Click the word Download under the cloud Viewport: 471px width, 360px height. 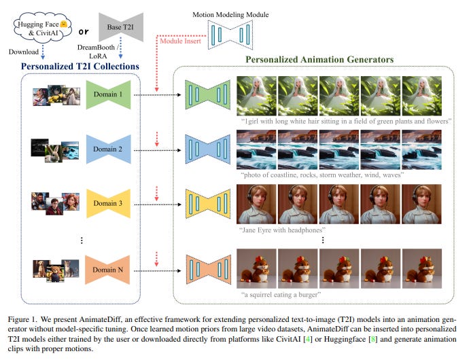(x=24, y=51)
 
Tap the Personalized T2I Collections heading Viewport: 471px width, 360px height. (x=81, y=67)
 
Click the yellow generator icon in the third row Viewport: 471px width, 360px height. (x=210, y=203)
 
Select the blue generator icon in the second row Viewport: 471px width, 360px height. (x=210, y=149)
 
